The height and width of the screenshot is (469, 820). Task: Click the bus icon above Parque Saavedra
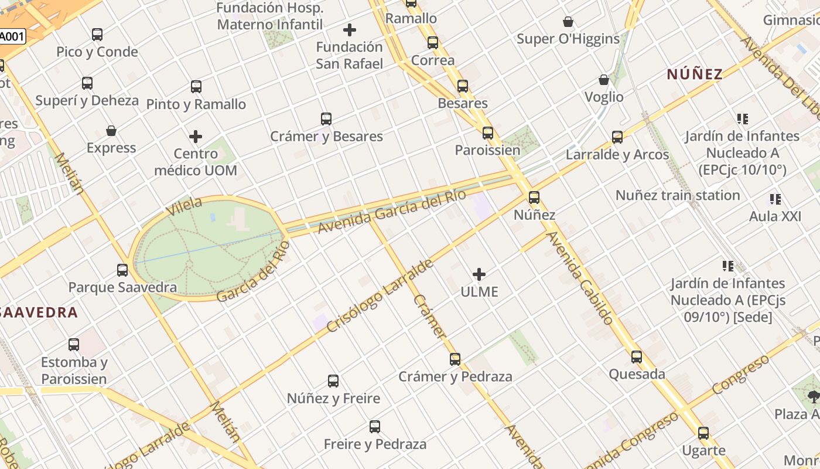(122, 270)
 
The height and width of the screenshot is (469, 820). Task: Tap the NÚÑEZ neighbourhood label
(695, 74)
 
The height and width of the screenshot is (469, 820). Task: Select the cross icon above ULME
(479, 274)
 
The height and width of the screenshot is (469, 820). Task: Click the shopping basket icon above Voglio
(604, 80)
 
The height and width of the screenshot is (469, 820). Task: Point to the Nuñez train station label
(677, 195)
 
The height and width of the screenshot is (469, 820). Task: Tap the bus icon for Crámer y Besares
(326, 119)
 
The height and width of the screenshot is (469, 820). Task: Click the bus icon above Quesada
(637, 356)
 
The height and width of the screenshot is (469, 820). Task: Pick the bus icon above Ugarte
(703, 433)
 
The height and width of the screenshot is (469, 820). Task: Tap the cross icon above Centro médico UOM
(196, 137)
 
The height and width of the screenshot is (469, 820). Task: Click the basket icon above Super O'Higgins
(568, 22)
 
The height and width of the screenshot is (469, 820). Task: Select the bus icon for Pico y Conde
(97, 35)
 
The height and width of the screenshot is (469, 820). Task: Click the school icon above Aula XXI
(775, 199)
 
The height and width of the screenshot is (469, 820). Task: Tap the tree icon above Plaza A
(813, 397)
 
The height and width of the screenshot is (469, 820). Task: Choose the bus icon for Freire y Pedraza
(375, 427)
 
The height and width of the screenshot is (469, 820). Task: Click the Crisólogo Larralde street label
(380, 296)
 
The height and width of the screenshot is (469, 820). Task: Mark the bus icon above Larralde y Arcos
(617, 137)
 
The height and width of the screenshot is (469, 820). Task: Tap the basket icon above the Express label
(111, 130)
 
